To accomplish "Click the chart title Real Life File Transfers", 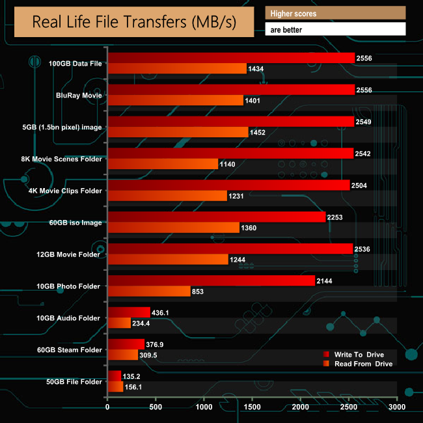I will [x=133, y=23].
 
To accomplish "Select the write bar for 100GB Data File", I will [x=231, y=59].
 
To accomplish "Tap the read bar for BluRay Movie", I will [x=175, y=100].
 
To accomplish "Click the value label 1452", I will [x=258, y=132].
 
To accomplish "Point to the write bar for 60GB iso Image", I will [x=216, y=217].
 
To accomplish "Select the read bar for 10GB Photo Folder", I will [x=149, y=291].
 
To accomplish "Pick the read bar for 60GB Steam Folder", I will [x=122, y=355].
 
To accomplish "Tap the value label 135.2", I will [x=131, y=375].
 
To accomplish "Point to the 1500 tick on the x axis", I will [x=252, y=407].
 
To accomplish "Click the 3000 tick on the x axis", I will [x=397, y=407].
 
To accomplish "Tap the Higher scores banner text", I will [x=294, y=13].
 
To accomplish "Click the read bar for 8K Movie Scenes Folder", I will [x=163, y=164].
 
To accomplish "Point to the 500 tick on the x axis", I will [x=156, y=407].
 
